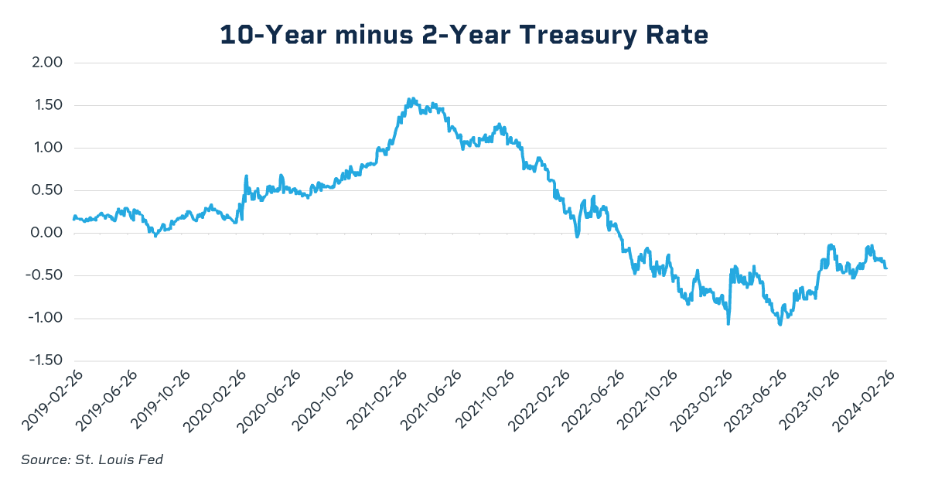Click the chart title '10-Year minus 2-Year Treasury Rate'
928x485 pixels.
coord(464,35)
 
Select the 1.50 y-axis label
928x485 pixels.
coord(46,105)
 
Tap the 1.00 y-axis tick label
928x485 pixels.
coord(46,148)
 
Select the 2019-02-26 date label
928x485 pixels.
coord(49,398)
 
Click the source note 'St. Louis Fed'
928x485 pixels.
coord(92,459)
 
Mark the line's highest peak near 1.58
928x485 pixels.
coord(411,98)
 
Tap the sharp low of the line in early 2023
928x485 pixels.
coord(728,323)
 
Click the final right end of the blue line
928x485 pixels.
coord(886,268)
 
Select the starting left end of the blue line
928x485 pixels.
coord(74,220)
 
